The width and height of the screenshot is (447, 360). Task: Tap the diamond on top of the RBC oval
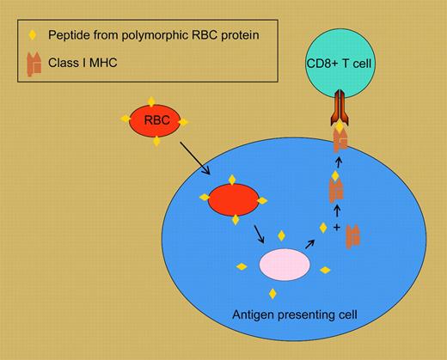click(155, 101)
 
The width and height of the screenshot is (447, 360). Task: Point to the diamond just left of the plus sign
click(323, 228)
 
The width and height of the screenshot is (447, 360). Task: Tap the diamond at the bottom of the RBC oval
click(156, 141)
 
